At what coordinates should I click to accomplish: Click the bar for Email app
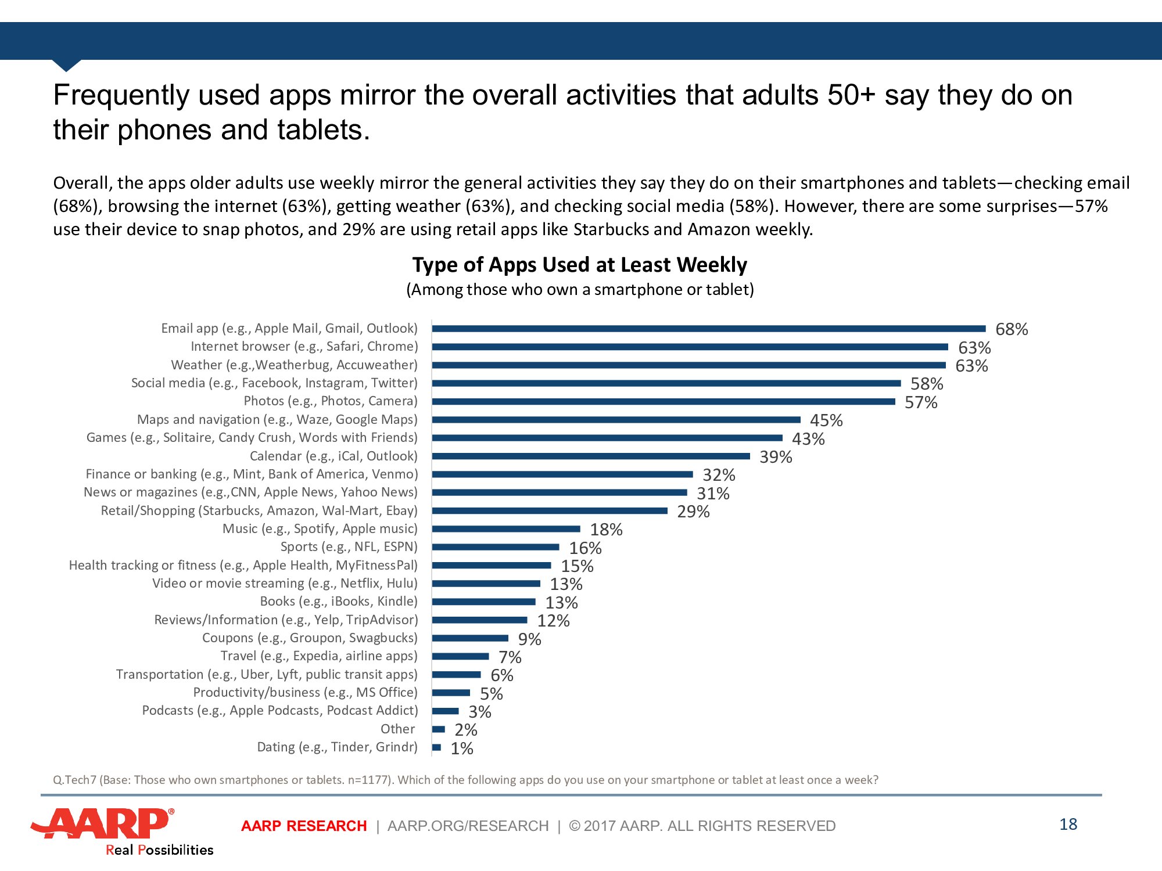click(709, 329)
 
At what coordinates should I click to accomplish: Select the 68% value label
click(1012, 329)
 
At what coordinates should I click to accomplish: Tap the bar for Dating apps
click(436, 747)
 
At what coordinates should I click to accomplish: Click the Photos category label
click(330, 401)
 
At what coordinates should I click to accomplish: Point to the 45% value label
click(826, 420)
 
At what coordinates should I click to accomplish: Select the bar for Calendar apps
click(591, 456)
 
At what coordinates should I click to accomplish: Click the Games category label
click(252, 438)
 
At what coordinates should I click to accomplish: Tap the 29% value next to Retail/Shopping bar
click(693, 512)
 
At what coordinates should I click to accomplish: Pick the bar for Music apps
click(506, 529)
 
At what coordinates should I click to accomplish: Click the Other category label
click(398, 729)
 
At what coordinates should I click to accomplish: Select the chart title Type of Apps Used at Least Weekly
click(579, 265)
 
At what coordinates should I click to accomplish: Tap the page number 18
click(1068, 824)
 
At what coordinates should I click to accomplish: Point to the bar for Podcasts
click(445, 711)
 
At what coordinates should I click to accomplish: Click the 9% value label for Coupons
click(529, 639)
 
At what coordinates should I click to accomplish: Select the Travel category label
click(318, 656)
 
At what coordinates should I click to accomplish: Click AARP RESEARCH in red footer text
click(304, 826)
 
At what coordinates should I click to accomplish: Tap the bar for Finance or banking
click(562, 474)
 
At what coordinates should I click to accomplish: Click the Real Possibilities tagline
click(159, 850)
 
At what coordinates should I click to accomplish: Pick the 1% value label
click(462, 748)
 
